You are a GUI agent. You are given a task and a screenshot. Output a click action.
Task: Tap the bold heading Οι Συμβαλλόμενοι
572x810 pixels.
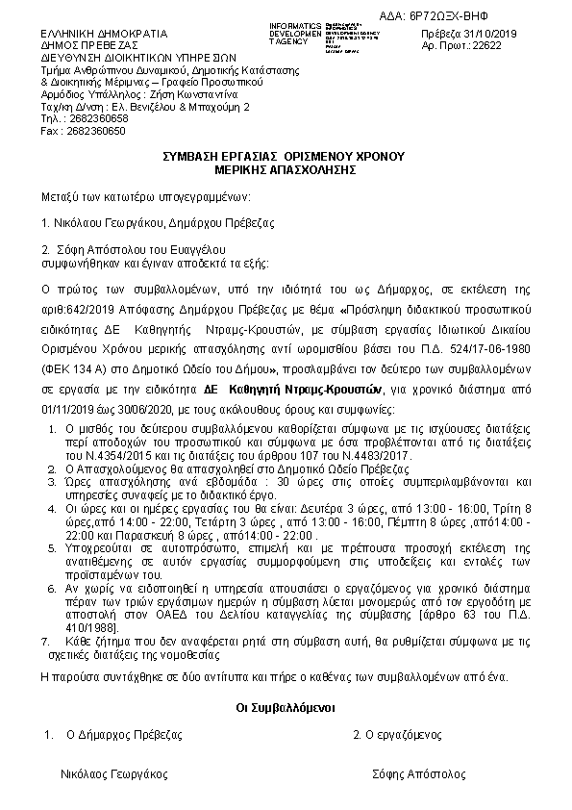click(x=285, y=706)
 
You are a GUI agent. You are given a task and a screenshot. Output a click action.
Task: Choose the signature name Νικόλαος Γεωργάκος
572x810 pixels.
click(x=114, y=773)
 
